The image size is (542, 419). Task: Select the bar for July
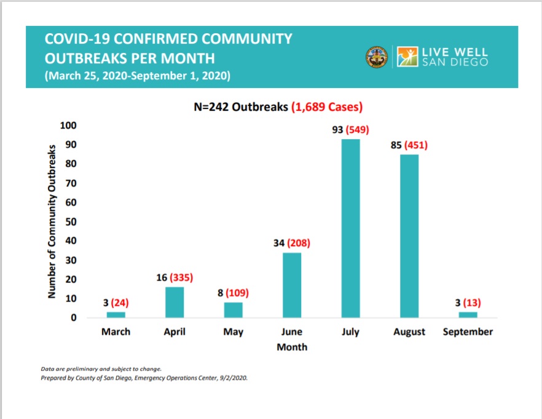(x=350, y=228)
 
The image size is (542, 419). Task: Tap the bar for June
(x=292, y=285)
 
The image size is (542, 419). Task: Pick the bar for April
(x=175, y=302)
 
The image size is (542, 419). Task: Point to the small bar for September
(x=468, y=315)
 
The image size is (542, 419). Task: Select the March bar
(x=116, y=315)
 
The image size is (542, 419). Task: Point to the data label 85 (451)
(x=409, y=146)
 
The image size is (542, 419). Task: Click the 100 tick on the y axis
(x=68, y=126)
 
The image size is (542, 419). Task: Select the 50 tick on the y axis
(x=71, y=221)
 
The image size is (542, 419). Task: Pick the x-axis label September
(x=468, y=332)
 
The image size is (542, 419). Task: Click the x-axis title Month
(x=292, y=347)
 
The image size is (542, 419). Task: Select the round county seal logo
(x=376, y=57)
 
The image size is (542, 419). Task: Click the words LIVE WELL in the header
(x=454, y=52)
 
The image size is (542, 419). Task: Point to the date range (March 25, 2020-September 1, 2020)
(x=138, y=77)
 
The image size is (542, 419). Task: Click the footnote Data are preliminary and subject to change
(x=92, y=369)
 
